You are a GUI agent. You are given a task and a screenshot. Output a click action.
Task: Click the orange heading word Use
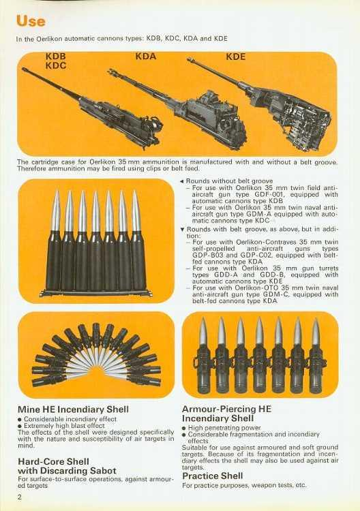pos(30,21)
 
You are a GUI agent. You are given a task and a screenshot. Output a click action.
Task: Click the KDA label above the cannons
pos(146,57)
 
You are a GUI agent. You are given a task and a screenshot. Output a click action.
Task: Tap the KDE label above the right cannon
pos(235,57)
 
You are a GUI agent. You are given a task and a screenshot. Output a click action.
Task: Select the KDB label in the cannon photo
pos(55,57)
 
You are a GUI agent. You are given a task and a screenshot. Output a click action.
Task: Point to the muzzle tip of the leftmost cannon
pos(23,69)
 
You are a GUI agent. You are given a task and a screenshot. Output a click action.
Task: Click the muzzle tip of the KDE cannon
pos(189,59)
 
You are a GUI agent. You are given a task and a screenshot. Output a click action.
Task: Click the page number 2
pos(20,497)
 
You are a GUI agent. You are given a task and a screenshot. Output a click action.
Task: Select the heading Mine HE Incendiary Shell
pos(73,409)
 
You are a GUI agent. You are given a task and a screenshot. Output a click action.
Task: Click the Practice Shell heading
pos(212,476)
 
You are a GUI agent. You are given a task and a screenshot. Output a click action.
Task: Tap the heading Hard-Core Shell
pos(53,461)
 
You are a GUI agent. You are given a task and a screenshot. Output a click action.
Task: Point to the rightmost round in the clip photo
pos(136,241)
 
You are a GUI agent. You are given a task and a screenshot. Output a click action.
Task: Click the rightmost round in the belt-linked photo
pos(316,356)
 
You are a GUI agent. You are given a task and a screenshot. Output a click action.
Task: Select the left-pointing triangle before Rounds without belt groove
pos(182,181)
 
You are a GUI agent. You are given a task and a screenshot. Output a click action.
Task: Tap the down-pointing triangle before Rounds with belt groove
pos(183,230)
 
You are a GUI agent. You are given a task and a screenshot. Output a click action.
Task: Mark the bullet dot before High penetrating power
pos(184,428)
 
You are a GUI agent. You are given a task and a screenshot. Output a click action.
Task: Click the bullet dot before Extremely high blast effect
pos(20,426)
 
